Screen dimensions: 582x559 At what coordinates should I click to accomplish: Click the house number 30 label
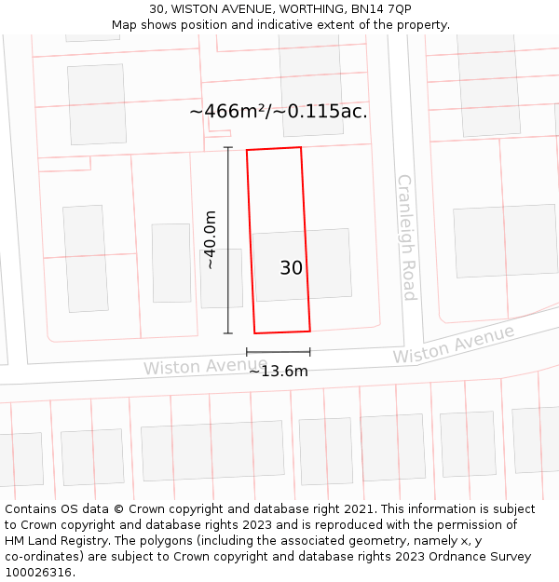[x=291, y=268]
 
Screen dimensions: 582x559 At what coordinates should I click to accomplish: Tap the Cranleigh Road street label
[x=406, y=237]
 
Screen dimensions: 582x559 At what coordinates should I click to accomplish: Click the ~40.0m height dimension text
[x=211, y=240]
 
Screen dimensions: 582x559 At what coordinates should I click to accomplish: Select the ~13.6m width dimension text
[x=278, y=372]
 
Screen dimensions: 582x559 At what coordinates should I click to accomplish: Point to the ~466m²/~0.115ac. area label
[x=278, y=112]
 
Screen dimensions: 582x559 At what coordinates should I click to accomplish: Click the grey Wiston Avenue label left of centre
[x=205, y=366]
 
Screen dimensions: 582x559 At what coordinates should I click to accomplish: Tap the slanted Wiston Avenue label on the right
[x=453, y=345]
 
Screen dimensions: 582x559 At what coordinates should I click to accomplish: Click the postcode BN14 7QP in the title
[x=381, y=8]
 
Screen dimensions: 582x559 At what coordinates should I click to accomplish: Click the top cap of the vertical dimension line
[x=228, y=147]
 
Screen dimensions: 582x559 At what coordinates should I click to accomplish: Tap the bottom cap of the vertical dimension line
[x=228, y=332]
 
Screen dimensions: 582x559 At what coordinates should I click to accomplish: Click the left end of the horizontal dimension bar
[x=247, y=352]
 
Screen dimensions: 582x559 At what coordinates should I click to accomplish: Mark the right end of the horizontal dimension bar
[x=310, y=352]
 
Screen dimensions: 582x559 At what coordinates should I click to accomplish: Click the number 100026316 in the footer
[x=38, y=573]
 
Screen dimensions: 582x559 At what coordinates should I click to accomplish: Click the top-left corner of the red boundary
[x=247, y=150]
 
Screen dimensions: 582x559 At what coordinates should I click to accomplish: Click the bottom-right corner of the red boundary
[x=310, y=330]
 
